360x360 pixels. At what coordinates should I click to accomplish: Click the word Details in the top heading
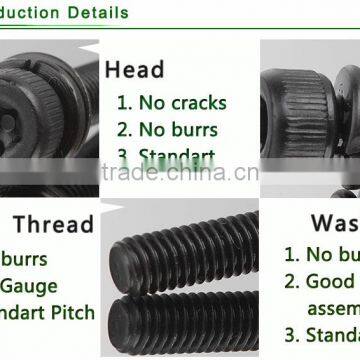click(x=95, y=13)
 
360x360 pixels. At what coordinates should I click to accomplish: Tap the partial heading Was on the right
click(x=334, y=222)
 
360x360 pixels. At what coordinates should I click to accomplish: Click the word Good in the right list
click(x=331, y=282)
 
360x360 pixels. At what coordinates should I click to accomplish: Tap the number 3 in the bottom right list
click(x=290, y=334)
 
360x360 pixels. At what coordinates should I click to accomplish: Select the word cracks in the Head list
click(x=199, y=102)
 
